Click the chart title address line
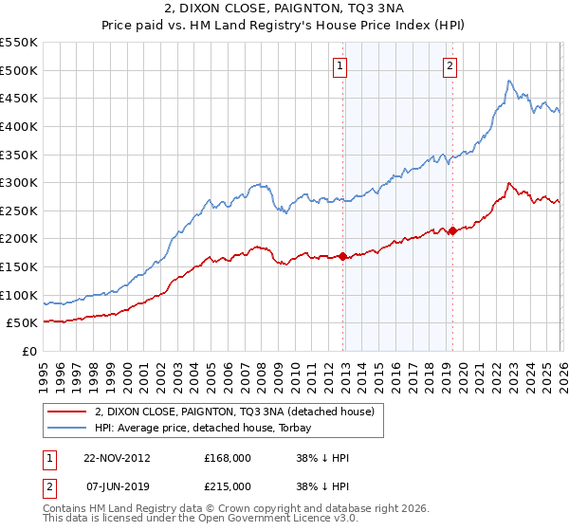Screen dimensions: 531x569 (x=284, y=9)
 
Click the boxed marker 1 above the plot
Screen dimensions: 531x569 (x=340, y=66)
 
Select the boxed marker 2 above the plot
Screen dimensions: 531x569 (x=450, y=66)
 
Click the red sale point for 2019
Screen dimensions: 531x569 (x=452, y=230)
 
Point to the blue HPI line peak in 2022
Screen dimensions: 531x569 (x=509, y=82)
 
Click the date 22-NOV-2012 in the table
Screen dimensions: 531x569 (x=118, y=458)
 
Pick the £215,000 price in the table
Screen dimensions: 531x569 (x=228, y=485)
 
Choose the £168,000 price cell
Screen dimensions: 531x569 (x=228, y=458)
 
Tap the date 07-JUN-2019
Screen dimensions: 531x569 (x=118, y=485)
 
